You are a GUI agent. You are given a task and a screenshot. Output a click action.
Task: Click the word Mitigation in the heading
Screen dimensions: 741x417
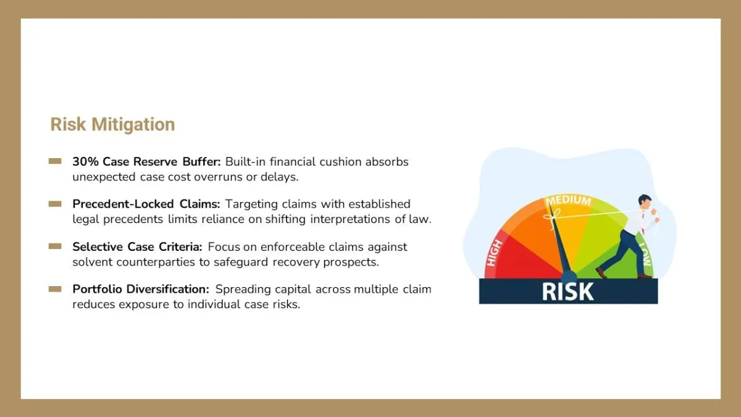(133, 125)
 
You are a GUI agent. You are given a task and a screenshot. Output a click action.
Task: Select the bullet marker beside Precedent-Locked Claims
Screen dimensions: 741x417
(55, 204)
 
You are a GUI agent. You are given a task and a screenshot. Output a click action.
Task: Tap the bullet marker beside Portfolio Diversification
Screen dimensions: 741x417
(55, 289)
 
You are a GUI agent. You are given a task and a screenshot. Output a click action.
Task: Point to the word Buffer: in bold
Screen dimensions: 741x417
(201, 161)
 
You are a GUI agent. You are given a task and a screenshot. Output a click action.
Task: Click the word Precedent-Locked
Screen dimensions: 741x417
(123, 204)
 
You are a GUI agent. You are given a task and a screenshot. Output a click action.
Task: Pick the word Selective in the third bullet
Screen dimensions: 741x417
(98, 246)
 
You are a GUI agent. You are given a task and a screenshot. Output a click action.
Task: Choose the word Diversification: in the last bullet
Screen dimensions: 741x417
(168, 289)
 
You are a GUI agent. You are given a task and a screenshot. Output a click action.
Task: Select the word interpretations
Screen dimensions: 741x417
(350, 219)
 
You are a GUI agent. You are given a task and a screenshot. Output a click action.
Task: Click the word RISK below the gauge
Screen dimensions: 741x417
(567, 292)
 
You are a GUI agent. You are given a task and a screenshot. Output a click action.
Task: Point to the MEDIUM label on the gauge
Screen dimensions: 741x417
(568, 200)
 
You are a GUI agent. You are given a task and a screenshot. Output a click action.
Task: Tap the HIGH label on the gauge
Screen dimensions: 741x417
(494, 253)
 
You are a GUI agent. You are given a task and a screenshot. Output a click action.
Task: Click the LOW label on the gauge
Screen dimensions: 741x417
(645, 254)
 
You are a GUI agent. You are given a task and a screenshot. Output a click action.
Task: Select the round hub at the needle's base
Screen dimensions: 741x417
(569, 276)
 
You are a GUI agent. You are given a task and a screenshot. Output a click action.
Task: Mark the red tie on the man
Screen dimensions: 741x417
(643, 222)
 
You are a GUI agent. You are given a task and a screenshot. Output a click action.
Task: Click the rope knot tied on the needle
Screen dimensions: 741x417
(551, 216)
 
